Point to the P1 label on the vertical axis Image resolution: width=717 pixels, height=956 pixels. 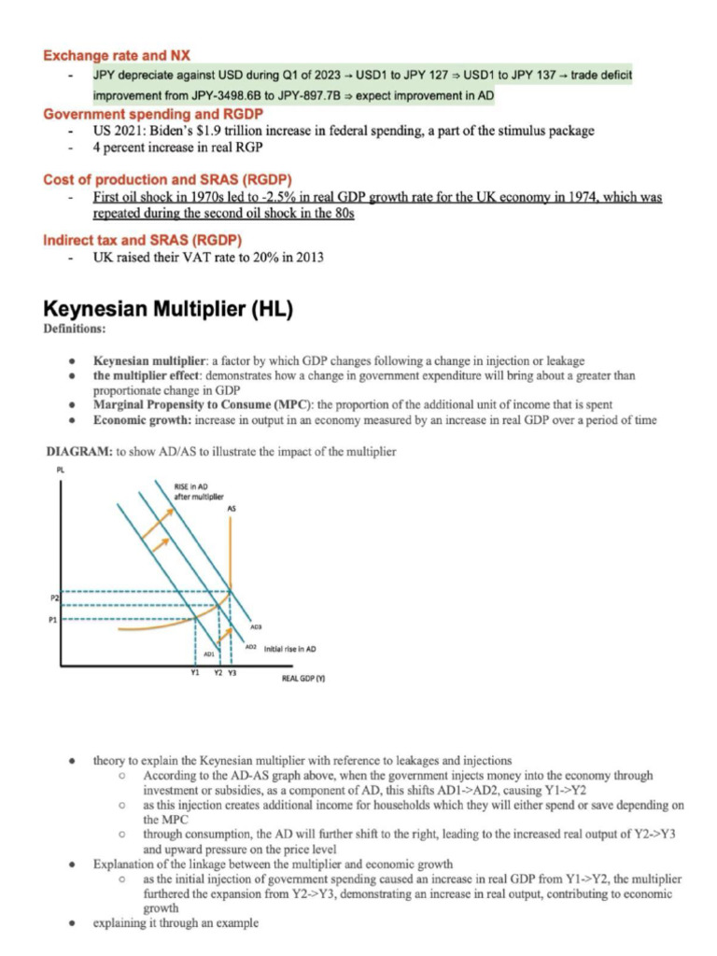pyautogui.click(x=55, y=617)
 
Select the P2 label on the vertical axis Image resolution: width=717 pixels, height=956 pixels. pyautogui.click(x=55, y=595)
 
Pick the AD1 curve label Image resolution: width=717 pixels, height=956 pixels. pyautogui.click(x=209, y=654)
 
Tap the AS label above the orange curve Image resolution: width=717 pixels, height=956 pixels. pyautogui.click(x=232, y=509)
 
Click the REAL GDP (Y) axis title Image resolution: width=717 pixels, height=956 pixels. pyautogui.click(x=302, y=680)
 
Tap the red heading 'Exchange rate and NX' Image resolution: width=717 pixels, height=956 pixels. pyautogui.click(x=116, y=55)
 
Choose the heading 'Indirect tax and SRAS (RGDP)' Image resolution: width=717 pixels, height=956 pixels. pyautogui.click(x=136, y=239)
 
